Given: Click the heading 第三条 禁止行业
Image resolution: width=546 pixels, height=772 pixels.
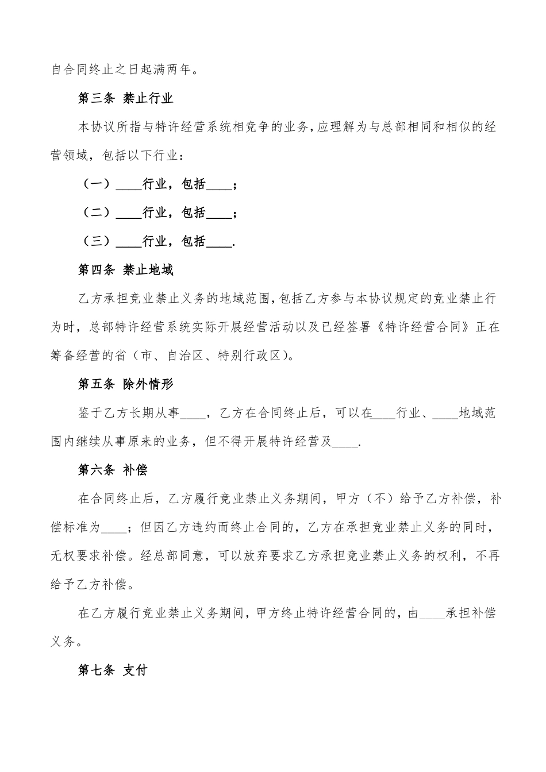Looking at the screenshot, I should pyautogui.click(x=125, y=99).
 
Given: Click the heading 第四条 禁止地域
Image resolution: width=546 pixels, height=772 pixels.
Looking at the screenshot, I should pyautogui.click(x=125, y=270).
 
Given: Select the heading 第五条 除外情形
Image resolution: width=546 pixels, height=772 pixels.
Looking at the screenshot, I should pyautogui.click(x=125, y=384).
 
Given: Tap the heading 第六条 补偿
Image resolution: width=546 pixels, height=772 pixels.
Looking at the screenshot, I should pyautogui.click(x=113, y=470).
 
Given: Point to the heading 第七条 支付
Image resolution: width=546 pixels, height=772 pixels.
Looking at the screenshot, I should pyautogui.click(x=113, y=670).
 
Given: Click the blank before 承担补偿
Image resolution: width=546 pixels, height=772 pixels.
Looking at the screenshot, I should pyautogui.click(x=432, y=613).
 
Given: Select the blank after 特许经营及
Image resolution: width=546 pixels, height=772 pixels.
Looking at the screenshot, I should pyautogui.click(x=345, y=442).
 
